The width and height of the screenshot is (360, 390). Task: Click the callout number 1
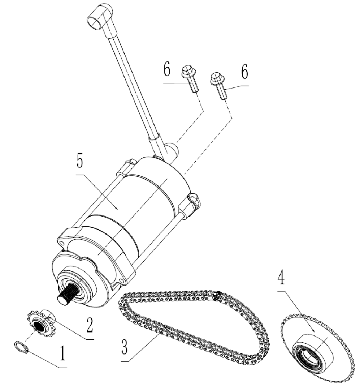(62, 354)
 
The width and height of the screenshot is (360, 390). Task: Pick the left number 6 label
(167, 70)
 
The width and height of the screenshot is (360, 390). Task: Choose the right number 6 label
(245, 72)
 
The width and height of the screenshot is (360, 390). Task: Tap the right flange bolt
(218, 85)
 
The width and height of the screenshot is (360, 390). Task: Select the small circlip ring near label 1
(21, 347)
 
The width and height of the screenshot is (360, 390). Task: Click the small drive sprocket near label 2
(41, 323)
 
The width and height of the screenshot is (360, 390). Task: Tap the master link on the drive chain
(218, 296)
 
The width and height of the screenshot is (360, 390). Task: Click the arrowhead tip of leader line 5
(117, 209)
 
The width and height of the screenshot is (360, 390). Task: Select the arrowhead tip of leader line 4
(315, 331)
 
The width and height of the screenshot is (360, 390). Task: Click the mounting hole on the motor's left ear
(61, 242)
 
